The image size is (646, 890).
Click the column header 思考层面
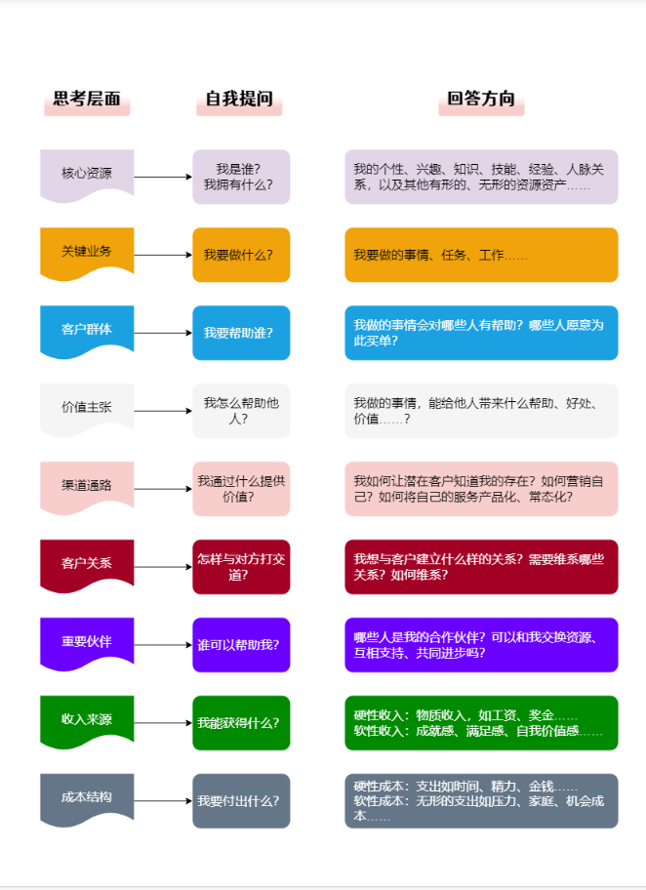(87, 100)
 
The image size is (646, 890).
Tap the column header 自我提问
(239, 100)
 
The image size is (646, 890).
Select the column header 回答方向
(481, 100)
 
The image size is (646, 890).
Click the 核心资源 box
(87, 174)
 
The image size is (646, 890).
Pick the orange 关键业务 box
(87, 252)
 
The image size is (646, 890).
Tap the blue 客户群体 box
(87, 330)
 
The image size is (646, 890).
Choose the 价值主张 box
(87, 408)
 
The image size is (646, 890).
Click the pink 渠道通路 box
(87, 485)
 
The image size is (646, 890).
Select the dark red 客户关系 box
(87, 564)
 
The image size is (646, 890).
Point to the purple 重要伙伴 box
(87, 642)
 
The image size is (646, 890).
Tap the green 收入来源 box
(87, 720)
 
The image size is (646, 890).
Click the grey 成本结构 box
(87, 797)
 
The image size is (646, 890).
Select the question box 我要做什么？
(241, 255)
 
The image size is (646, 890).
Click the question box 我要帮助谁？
(241, 333)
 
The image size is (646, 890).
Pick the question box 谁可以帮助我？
(241, 645)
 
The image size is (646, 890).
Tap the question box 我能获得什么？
(241, 723)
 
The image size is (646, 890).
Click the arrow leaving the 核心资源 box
(163, 177)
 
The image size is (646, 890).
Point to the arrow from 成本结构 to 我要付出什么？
(163, 801)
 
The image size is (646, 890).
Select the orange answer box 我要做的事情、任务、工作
(481, 255)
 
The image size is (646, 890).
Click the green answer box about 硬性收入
(481, 723)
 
